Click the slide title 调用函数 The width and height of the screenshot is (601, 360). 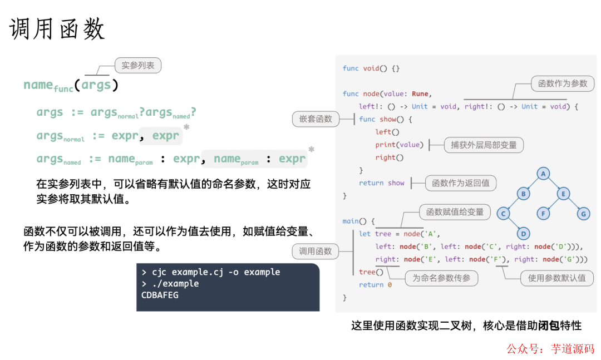57,29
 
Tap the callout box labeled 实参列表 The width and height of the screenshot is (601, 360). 137,65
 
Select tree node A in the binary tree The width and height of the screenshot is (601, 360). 543,174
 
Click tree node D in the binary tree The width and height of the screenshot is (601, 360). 523,234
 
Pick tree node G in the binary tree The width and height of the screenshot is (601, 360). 583,214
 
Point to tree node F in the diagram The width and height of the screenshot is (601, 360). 543,214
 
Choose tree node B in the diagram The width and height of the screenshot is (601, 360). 523,194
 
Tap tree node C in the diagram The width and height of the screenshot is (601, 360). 503,214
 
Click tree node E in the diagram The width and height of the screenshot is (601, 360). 563,194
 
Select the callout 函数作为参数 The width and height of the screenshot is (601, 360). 563,83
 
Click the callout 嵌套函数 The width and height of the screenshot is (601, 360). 316,119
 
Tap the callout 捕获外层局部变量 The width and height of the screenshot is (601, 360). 484,145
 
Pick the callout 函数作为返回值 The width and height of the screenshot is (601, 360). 460,183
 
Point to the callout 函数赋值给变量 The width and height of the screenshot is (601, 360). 455,212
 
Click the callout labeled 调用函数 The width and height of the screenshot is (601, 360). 316,251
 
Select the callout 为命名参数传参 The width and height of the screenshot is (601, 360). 441,278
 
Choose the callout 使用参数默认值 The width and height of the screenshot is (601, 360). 556,278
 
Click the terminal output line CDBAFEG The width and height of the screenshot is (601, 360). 160,295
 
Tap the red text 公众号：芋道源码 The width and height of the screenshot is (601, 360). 550,349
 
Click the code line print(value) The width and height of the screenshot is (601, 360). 399,145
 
